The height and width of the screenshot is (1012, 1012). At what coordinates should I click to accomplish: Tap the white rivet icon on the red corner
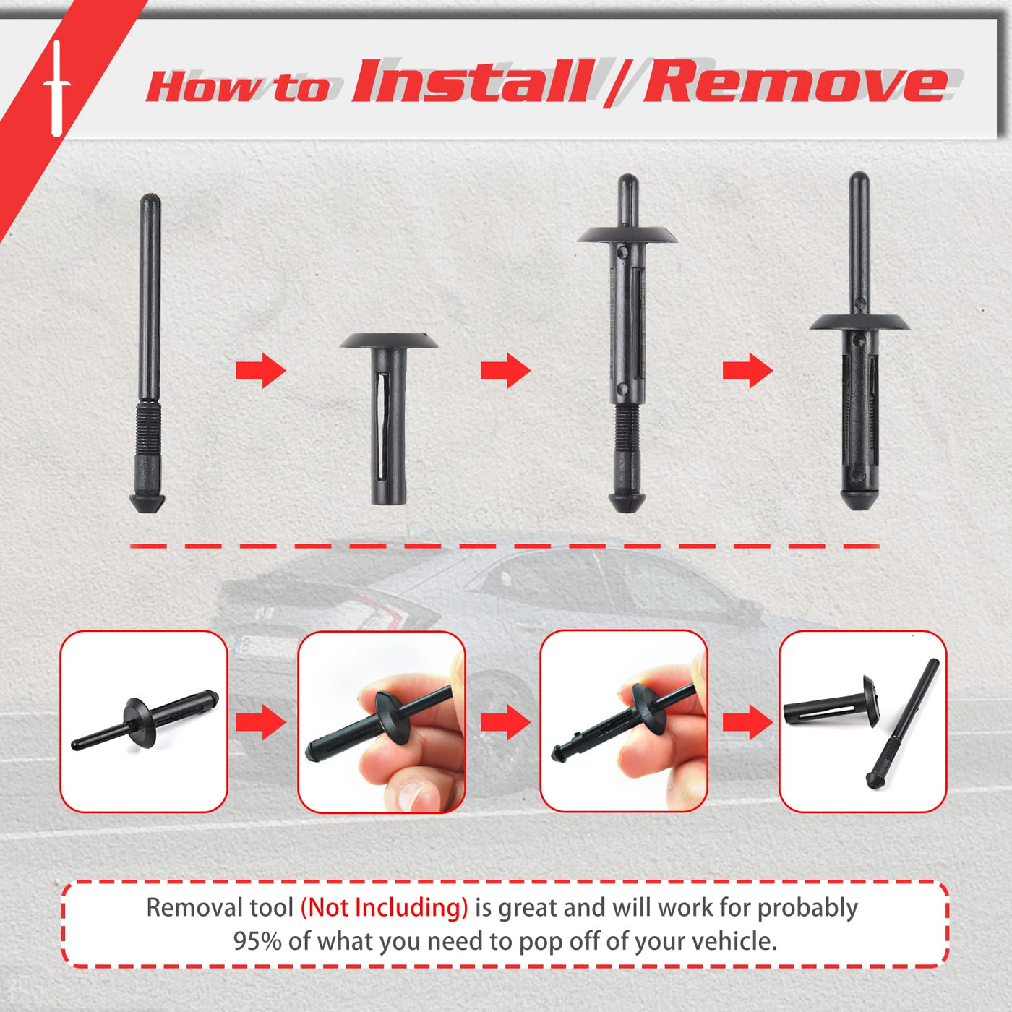[x=56, y=88]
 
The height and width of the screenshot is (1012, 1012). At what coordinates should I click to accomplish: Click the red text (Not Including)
[x=384, y=907]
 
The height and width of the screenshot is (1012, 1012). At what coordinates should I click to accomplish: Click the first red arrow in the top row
[x=260, y=371]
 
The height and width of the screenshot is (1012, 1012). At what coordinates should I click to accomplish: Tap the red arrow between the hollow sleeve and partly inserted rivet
[x=505, y=371]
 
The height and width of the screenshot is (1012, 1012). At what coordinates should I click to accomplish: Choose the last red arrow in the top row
[x=747, y=371]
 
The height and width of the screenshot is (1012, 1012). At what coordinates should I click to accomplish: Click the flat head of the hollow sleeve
[x=389, y=340]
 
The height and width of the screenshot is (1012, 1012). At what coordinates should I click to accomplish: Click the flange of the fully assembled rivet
[x=859, y=322]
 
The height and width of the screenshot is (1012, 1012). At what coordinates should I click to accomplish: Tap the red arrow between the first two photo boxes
[x=260, y=722]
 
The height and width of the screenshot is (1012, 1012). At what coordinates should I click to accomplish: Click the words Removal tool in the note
[x=220, y=907]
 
